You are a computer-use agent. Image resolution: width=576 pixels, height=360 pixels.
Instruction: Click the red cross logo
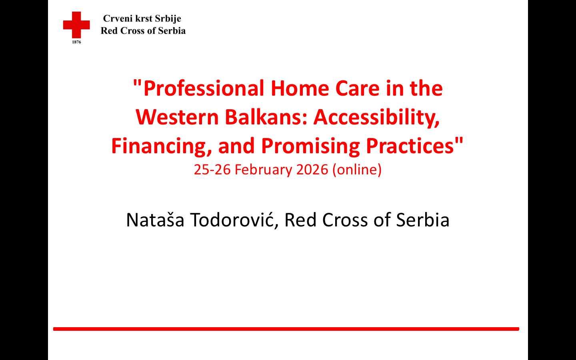pyautogui.click(x=76, y=25)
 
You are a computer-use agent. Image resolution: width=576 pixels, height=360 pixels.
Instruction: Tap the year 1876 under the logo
pyautogui.click(x=76, y=42)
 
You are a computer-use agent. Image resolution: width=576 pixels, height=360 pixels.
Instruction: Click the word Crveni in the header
pyautogui.click(x=118, y=18)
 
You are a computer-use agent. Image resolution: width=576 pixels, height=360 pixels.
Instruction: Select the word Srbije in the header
pyautogui.click(x=168, y=19)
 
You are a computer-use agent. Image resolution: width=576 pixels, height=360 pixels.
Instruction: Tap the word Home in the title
pyautogui.click(x=300, y=88)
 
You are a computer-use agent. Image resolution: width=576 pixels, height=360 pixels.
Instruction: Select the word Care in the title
pyautogui.click(x=358, y=88)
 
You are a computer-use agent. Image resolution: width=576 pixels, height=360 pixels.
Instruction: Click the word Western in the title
pyautogui.click(x=177, y=117)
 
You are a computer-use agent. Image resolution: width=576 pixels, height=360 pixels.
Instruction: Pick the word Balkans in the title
pyautogui.click(x=266, y=117)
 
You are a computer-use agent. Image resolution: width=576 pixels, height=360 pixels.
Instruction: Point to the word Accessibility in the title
pyautogui.click(x=376, y=118)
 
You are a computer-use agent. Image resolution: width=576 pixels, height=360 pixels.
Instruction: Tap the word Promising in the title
pyautogui.click(x=310, y=146)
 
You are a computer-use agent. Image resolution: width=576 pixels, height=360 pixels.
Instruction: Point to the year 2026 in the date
pyautogui.click(x=312, y=170)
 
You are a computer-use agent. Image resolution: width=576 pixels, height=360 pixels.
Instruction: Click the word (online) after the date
pyautogui.click(x=357, y=170)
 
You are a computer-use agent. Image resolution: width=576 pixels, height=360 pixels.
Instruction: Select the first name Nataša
pyautogui.click(x=155, y=220)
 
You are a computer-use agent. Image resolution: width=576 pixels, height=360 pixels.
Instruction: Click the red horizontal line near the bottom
pyautogui.click(x=286, y=329)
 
